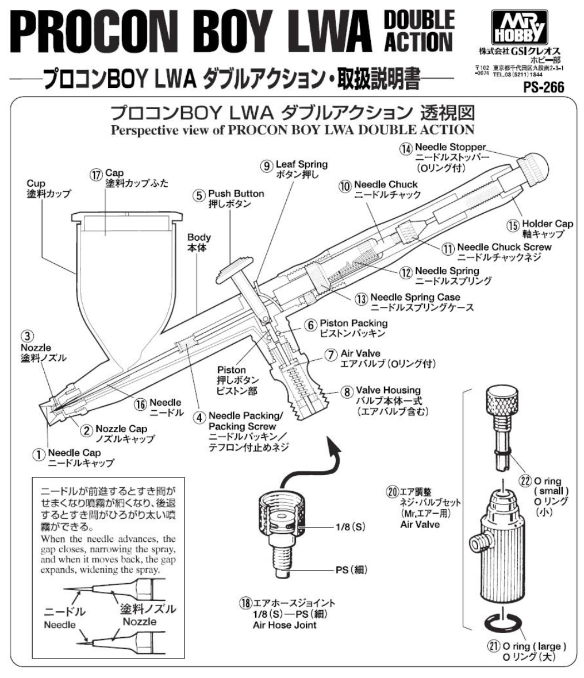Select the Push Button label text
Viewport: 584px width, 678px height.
pos(236,194)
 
